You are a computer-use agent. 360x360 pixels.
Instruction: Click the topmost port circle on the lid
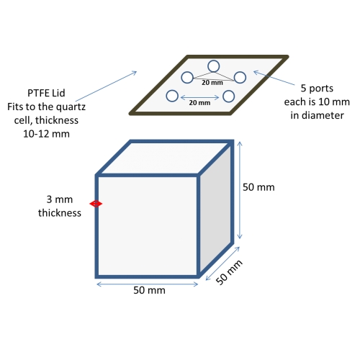point(213,61)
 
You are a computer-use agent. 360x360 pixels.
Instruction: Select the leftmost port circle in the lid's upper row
point(187,72)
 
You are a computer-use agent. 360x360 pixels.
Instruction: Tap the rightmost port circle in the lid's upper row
point(240,72)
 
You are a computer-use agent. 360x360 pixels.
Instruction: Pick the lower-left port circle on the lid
point(172,90)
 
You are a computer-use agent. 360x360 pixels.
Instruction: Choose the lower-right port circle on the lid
point(228,91)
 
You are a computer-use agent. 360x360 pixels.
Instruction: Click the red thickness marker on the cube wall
point(96,204)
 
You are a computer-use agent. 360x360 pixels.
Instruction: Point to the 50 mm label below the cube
point(149,290)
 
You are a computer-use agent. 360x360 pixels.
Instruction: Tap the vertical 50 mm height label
point(258,187)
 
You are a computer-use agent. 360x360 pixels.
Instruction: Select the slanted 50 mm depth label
point(229,272)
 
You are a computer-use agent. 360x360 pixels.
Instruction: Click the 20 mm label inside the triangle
point(212,83)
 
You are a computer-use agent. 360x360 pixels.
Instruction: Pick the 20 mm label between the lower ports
point(199,103)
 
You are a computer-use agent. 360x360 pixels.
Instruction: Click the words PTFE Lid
point(46,93)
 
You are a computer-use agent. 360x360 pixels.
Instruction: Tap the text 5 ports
point(317,89)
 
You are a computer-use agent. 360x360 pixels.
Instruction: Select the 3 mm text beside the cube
point(60,199)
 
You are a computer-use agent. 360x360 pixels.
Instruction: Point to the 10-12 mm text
point(46,134)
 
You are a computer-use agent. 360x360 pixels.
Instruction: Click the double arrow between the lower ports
point(199,97)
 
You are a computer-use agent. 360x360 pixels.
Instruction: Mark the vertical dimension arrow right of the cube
point(240,190)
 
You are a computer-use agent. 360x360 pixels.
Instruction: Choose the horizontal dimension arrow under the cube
point(148,284)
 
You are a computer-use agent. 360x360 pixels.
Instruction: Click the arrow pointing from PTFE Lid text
point(106,86)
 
